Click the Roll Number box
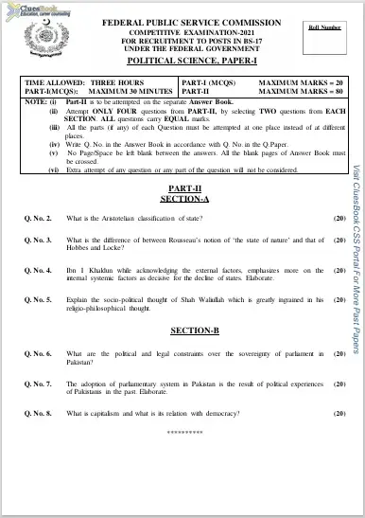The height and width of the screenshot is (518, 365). click(324, 37)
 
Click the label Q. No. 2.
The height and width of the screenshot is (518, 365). click(39, 245)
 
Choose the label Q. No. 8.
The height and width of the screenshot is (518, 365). click(39, 414)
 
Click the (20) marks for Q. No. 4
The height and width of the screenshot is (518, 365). click(339, 270)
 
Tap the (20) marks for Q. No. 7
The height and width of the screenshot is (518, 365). click(339, 384)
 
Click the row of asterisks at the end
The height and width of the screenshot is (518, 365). click(184, 432)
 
